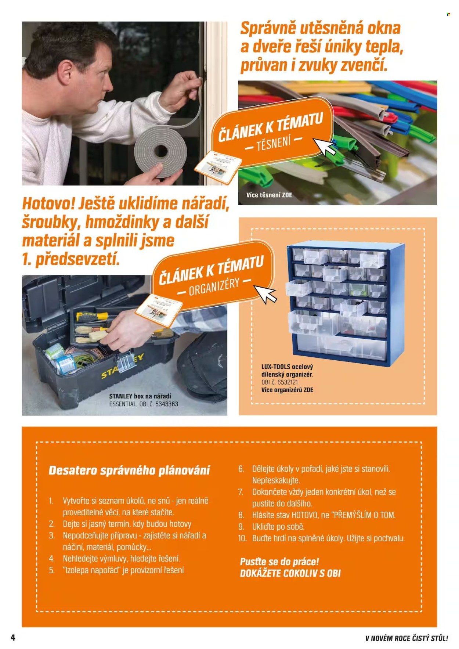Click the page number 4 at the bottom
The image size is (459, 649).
(x=13, y=637)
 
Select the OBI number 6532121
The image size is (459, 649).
(x=288, y=382)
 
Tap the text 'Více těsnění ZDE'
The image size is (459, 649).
(x=269, y=195)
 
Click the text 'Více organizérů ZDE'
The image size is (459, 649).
(x=287, y=390)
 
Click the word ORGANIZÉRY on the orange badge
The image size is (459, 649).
(x=214, y=287)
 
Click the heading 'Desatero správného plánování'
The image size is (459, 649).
(x=129, y=470)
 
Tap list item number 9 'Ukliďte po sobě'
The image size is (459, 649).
(x=278, y=526)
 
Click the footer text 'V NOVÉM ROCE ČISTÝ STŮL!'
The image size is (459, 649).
(x=406, y=638)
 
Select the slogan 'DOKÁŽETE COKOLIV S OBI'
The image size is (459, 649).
(x=290, y=573)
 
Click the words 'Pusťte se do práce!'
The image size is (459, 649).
(x=279, y=562)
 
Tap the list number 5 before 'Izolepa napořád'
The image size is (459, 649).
(x=52, y=570)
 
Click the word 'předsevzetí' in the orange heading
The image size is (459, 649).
(x=77, y=259)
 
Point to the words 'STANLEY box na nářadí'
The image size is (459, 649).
(x=140, y=396)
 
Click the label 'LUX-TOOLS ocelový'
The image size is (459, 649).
(x=287, y=367)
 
